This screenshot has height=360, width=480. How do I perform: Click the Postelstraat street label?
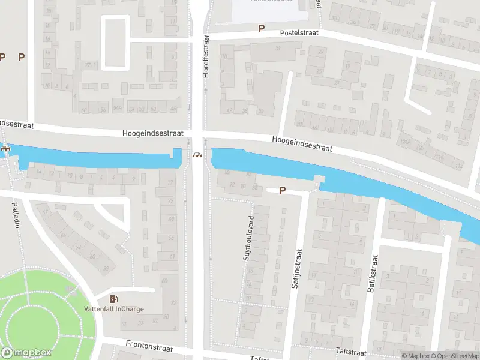(298, 34)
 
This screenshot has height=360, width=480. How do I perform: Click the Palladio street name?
(16, 215)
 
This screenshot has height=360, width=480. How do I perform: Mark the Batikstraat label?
(373, 274)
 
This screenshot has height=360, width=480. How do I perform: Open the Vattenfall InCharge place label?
(114, 310)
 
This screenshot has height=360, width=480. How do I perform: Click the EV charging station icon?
(114, 299)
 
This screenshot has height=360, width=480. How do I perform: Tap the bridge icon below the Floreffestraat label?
(197, 156)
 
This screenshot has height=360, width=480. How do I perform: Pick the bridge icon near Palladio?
(6, 149)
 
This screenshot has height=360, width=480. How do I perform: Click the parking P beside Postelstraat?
(261, 28)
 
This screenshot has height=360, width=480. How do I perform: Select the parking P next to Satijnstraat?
(281, 191)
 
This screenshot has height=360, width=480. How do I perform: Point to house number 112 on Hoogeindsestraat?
(459, 166)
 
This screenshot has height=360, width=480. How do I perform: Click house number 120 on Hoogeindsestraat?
(421, 148)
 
